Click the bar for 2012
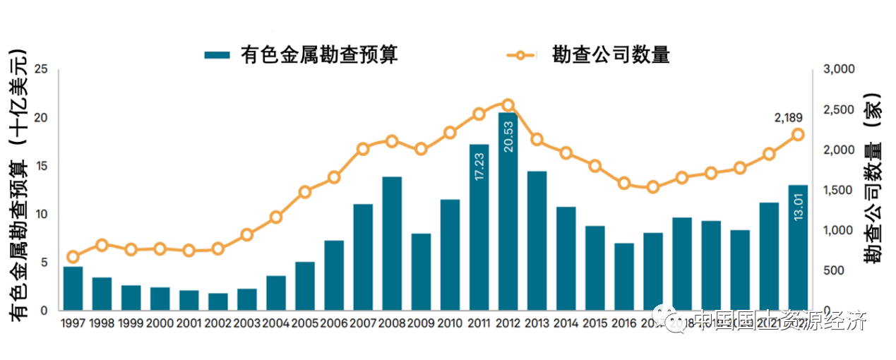click(x=508, y=212)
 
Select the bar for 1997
click(x=73, y=289)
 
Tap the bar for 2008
click(x=392, y=244)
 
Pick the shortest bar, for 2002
click(x=218, y=302)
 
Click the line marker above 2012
click(x=508, y=105)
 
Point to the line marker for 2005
click(x=305, y=192)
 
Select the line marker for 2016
click(x=623, y=184)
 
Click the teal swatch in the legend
click(x=217, y=55)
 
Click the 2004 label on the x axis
click(x=276, y=323)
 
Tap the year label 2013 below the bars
click(x=537, y=323)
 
